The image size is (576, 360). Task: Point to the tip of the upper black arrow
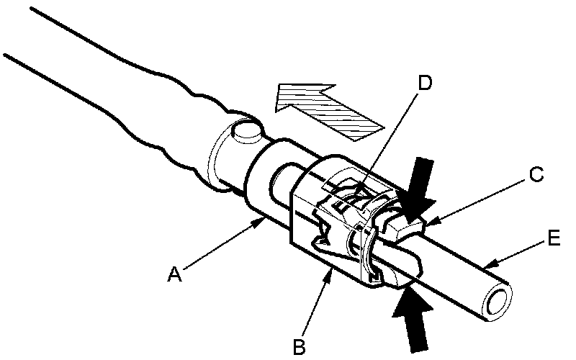pyautogui.click(x=408, y=218)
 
